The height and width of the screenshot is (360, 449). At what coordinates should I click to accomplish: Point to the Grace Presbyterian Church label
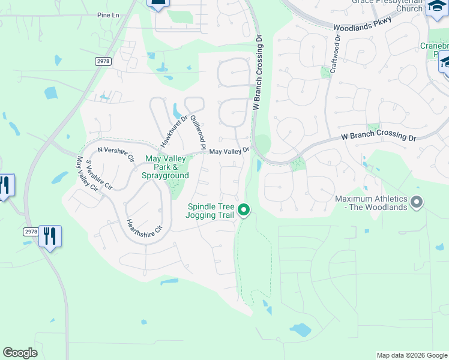coord(387,5)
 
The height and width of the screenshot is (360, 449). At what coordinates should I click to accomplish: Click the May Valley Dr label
coord(229,151)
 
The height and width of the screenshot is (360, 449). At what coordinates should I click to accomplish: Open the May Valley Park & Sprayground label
coord(164,167)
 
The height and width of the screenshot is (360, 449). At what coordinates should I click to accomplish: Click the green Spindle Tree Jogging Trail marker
coord(244,209)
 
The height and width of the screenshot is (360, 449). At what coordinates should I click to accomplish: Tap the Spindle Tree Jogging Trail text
coord(209,210)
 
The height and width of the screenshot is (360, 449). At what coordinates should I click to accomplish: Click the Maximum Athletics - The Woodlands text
coord(371,203)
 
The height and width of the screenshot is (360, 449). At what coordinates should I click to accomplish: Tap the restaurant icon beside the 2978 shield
coord(50,236)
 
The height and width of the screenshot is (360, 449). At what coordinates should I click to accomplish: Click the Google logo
coord(20,352)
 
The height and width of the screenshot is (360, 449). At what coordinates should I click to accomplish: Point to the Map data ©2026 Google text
coord(411,355)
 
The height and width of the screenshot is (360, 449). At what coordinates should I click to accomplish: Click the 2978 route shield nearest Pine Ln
coord(103,61)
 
